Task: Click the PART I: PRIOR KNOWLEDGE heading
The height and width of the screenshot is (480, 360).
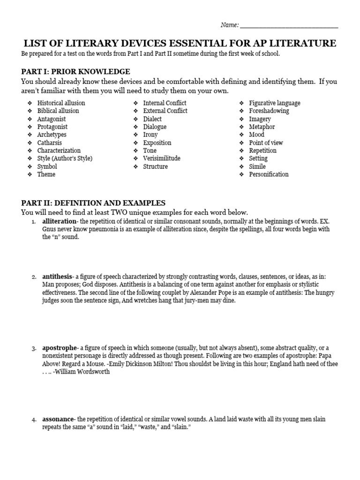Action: click(75, 72)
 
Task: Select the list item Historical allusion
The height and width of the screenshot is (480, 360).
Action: click(61, 103)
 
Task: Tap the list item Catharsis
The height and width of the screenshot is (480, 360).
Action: click(49, 143)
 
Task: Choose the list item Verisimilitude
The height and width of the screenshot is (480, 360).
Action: click(162, 158)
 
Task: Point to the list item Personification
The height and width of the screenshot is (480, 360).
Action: click(269, 174)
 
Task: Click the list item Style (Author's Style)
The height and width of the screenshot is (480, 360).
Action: click(65, 158)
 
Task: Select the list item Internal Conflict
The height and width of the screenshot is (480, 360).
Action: click(165, 103)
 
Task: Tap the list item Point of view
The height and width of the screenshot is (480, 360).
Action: click(266, 143)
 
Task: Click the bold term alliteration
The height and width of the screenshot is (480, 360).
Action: click(59, 221)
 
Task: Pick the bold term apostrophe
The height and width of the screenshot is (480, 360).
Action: click(59, 348)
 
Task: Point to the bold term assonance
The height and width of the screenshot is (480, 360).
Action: click(58, 419)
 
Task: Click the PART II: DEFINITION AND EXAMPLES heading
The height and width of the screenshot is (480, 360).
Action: click(93, 203)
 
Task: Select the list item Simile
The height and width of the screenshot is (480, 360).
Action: click(257, 166)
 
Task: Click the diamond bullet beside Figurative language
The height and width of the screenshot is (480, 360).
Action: click(241, 103)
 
